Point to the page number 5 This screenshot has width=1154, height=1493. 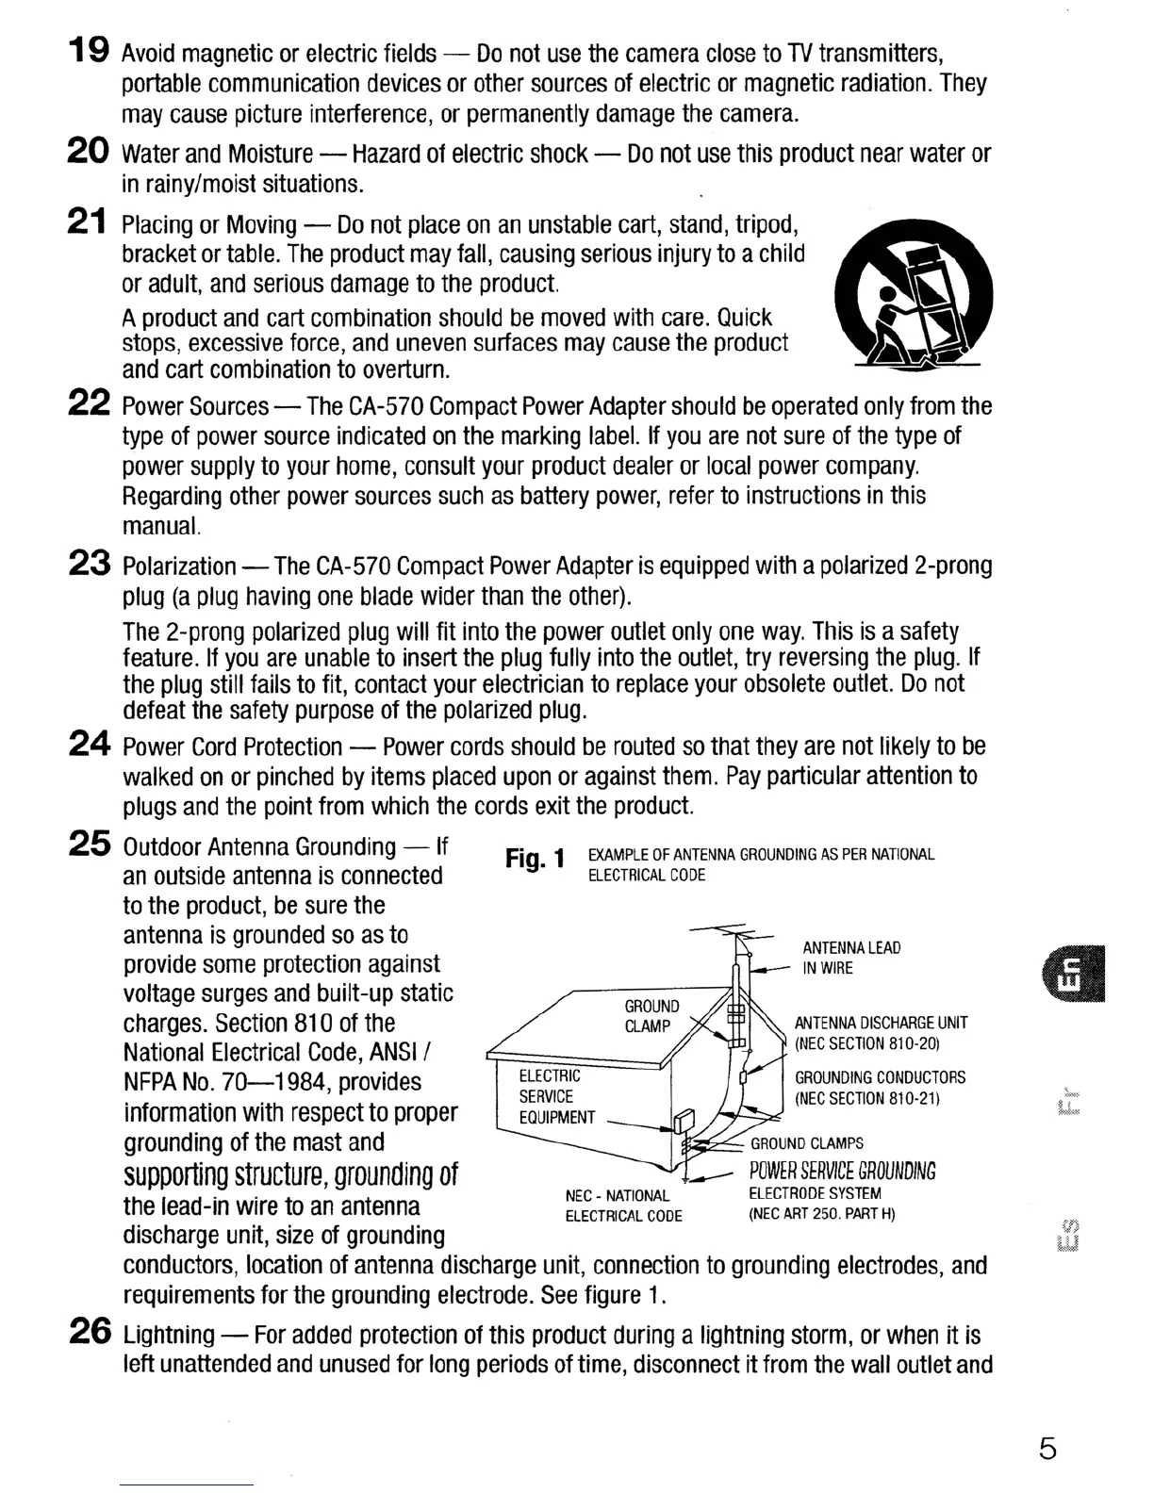pos(1047,1448)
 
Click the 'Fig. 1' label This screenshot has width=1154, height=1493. pos(535,859)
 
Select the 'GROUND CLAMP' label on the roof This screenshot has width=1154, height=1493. pos(651,1016)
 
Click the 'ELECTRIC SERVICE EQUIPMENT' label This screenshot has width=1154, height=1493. pos(557,1096)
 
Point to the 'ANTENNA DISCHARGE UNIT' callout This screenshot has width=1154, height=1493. pos(881,1033)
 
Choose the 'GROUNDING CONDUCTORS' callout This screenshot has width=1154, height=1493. pos(880,1088)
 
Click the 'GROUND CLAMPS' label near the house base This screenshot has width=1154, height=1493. pos(806,1143)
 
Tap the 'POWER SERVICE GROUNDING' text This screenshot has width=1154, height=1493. pos(842,1171)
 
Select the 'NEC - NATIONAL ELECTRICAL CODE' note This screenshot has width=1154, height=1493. pos(622,1206)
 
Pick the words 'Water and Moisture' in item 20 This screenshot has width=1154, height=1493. pos(217,153)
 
